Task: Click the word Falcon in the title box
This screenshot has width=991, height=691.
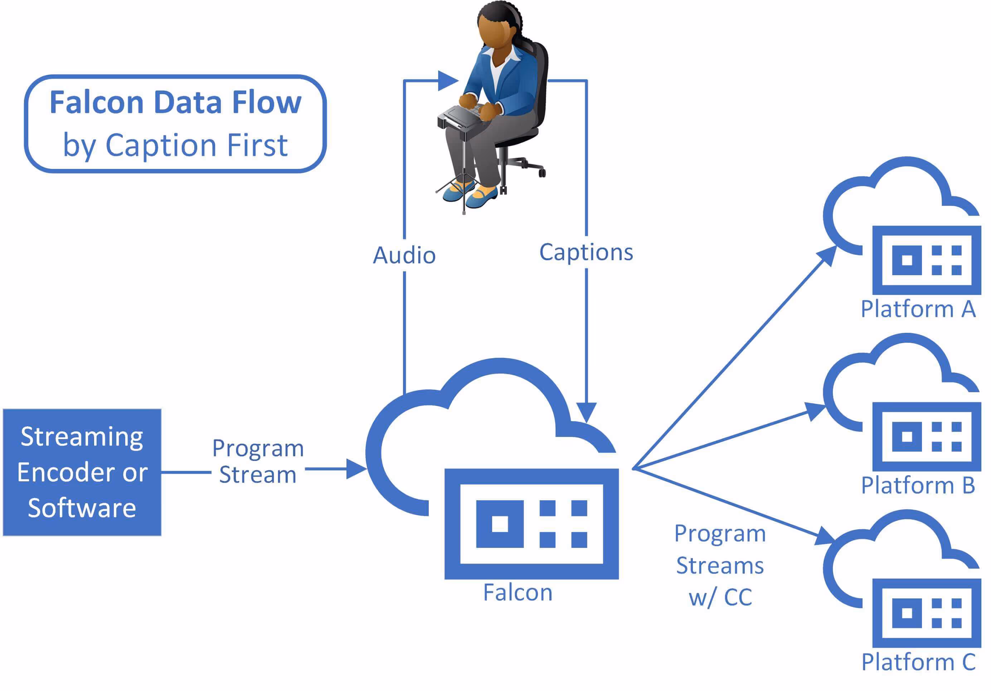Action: pyautogui.click(x=96, y=103)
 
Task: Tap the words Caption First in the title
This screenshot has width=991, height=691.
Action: pyautogui.click(x=196, y=145)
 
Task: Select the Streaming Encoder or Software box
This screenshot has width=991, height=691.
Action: pyautogui.click(x=82, y=472)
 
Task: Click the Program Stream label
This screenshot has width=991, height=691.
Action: pyautogui.click(x=258, y=461)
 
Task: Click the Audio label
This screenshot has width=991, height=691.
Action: pyautogui.click(x=404, y=255)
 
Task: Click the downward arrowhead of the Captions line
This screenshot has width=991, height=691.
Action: pyautogui.click(x=587, y=412)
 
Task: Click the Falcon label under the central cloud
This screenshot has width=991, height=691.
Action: pyautogui.click(x=518, y=593)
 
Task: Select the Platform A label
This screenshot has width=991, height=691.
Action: pyautogui.click(x=918, y=309)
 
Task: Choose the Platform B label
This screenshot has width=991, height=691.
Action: pyautogui.click(x=918, y=486)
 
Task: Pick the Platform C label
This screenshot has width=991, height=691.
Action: pyautogui.click(x=918, y=662)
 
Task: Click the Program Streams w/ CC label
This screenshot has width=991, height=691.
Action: pyautogui.click(x=720, y=565)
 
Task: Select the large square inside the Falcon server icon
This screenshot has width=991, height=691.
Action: pyautogui.click(x=500, y=524)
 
